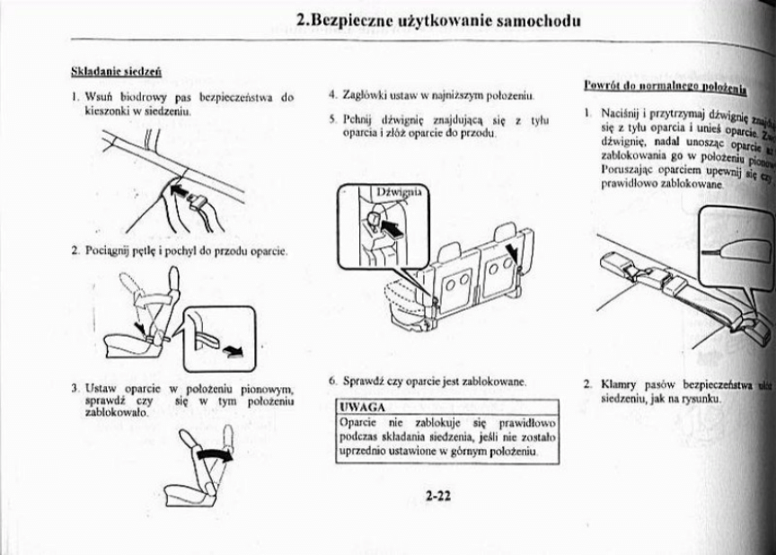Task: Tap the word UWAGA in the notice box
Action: tap(357, 408)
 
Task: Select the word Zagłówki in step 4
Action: tap(363, 94)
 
